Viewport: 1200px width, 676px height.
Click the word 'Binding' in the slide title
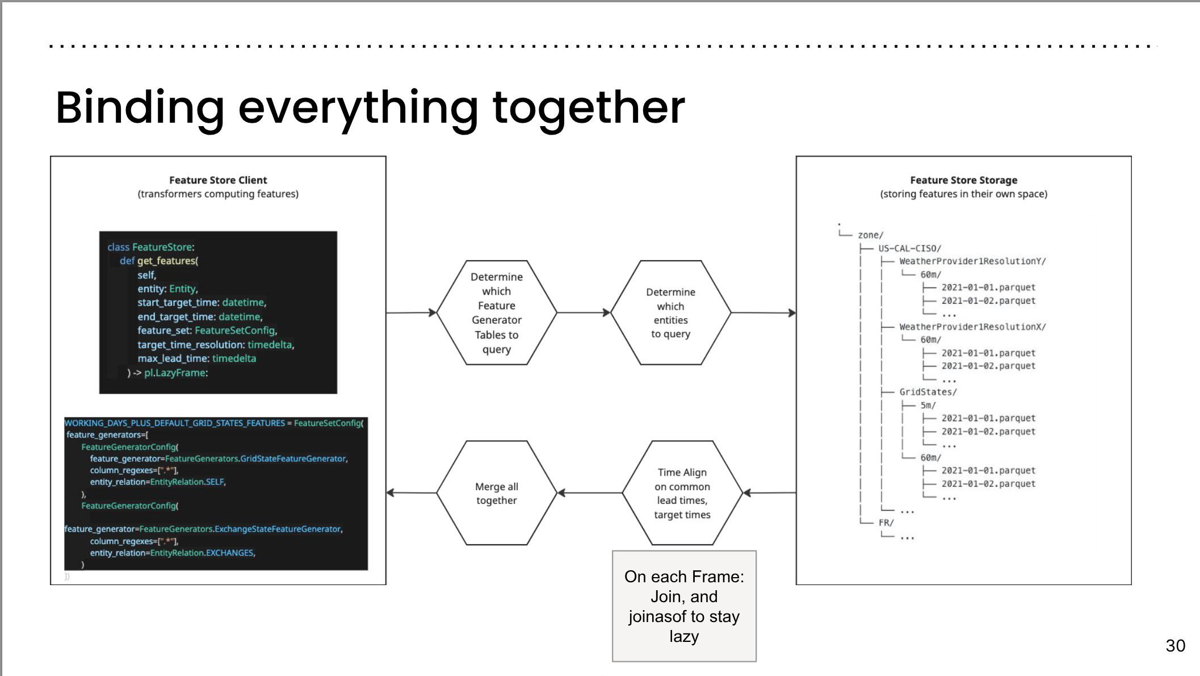pyautogui.click(x=140, y=108)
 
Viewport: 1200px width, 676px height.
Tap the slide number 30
pyautogui.click(x=1175, y=646)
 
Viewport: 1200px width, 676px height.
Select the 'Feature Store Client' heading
pyautogui.click(x=218, y=180)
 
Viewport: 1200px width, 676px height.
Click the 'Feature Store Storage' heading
pyautogui.click(x=963, y=180)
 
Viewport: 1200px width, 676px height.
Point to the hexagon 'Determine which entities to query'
pyautogui.click(x=670, y=313)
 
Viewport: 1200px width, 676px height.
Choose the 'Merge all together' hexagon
pyautogui.click(x=497, y=493)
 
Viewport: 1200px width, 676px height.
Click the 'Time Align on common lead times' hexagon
pyautogui.click(x=682, y=493)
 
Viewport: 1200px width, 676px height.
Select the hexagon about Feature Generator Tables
pyautogui.click(x=497, y=313)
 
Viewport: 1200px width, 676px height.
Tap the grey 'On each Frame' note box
pyautogui.click(x=684, y=606)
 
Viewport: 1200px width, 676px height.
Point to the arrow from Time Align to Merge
pyautogui.click(x=590, y=493)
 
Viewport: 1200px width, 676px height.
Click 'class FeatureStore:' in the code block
pyautogui.click(x=151, y=247)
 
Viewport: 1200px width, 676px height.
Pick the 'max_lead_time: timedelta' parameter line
pyautogui.click(x=196, y=358)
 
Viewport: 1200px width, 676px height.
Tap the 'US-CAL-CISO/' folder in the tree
pyautogui.click(x=909, y=248)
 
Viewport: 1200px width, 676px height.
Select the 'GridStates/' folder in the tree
pyautogui.click(x=928, y=392)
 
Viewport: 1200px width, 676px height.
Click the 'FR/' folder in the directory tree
pyautogui.click(x=886, y=523)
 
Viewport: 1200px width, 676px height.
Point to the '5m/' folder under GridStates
pyautogui.click(x=928, y=405)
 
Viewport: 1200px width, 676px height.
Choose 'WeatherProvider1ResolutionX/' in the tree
pyautogui.click(x=972, y=327)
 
